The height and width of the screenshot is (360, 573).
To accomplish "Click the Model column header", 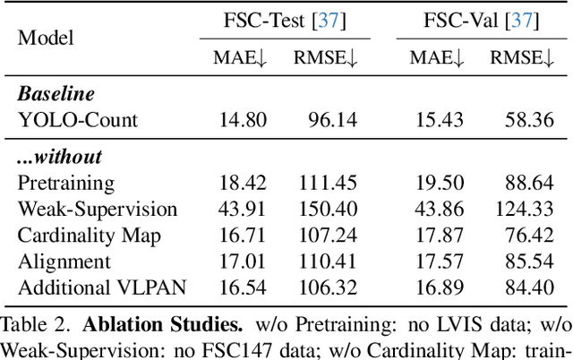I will point(47,38).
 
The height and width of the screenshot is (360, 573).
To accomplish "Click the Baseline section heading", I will point(56,94).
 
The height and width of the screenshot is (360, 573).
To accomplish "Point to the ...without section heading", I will point(59,157).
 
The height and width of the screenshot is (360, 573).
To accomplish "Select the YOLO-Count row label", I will point(77,118).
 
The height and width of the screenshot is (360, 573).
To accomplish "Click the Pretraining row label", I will point(66,183).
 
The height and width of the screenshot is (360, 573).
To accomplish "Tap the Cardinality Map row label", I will point(84,235).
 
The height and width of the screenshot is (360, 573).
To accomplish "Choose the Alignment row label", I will point(64,261).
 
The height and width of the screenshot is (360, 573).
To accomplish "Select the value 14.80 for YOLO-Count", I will point(243,118).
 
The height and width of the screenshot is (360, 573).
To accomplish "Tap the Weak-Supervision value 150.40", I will point(328,209).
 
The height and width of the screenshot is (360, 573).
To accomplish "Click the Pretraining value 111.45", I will point(328,183).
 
